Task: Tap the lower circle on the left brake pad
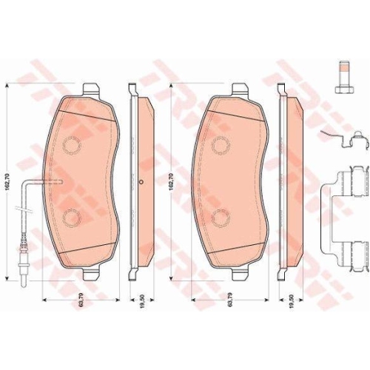click(x=72, y=218)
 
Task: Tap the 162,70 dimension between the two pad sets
click(x=172, y=178)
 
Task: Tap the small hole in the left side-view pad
click(x=141, y=181)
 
